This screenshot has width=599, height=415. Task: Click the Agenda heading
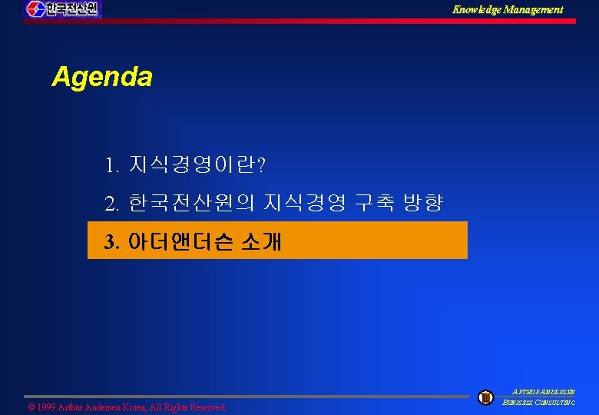click(x=102, y=77)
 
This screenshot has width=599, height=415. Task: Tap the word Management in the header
click(x=534, y=9)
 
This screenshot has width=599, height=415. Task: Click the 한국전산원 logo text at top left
click(x=71, y=9)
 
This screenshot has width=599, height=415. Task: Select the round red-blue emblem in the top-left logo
click(x=35, y=9)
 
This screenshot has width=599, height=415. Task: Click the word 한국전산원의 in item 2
click(x=192, y=204)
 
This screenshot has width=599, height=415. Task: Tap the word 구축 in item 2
click(x=374, y=204)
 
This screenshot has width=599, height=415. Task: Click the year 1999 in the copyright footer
click(x=48, y=407)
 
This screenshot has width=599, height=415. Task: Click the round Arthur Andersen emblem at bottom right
click(x=485, y=397)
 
